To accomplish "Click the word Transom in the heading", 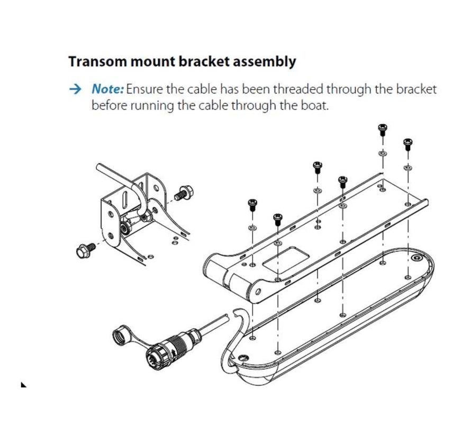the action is pos(97,61).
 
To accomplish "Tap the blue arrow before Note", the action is pos(75,89).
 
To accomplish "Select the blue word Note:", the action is pos(107,89).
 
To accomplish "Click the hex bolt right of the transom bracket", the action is pos(184,193).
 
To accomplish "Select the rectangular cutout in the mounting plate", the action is pos(286,260).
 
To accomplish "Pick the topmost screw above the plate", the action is pos(383,130).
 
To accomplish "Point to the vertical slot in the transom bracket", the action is pos(126,200).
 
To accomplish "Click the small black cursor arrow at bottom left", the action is pos(23,384).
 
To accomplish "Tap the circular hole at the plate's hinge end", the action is pos(258,291).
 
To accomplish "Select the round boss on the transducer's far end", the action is pos(416,258).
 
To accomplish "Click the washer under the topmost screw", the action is pos(383,153).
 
